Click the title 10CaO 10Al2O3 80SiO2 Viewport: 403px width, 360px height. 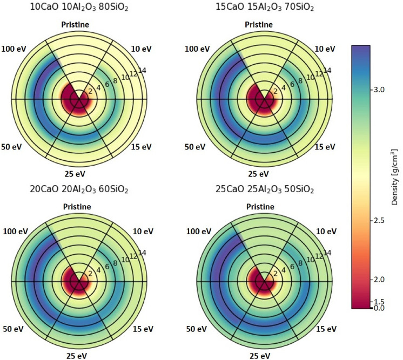(79, 8)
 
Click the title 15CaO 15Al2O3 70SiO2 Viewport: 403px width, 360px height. (265, 8)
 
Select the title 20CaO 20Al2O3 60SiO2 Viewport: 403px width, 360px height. (79, 189)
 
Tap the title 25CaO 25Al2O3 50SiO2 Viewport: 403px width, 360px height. (265, 189)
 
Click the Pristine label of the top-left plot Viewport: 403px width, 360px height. (79, 25)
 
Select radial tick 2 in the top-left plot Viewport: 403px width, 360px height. (90, 92)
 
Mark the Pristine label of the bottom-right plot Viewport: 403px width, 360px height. (265, 206)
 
